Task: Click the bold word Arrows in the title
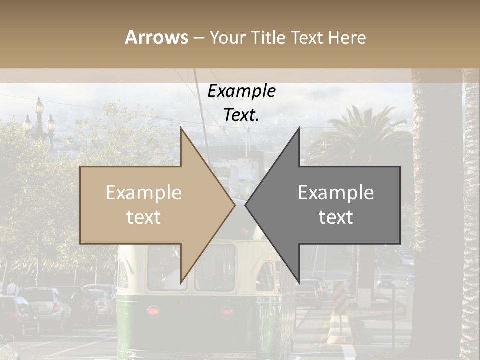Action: pos(157,37)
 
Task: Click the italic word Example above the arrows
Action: pos(241,91)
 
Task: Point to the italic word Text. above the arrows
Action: pos(241,115)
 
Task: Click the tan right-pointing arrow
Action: pos(150,205)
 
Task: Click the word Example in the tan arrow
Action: pos(143,193)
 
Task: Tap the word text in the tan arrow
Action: pos(143,217)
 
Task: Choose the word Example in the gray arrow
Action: pos(336,193)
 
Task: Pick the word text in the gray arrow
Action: pos(336,217)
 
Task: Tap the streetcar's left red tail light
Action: pos(154,311)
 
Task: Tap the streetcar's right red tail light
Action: pos(227,312)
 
